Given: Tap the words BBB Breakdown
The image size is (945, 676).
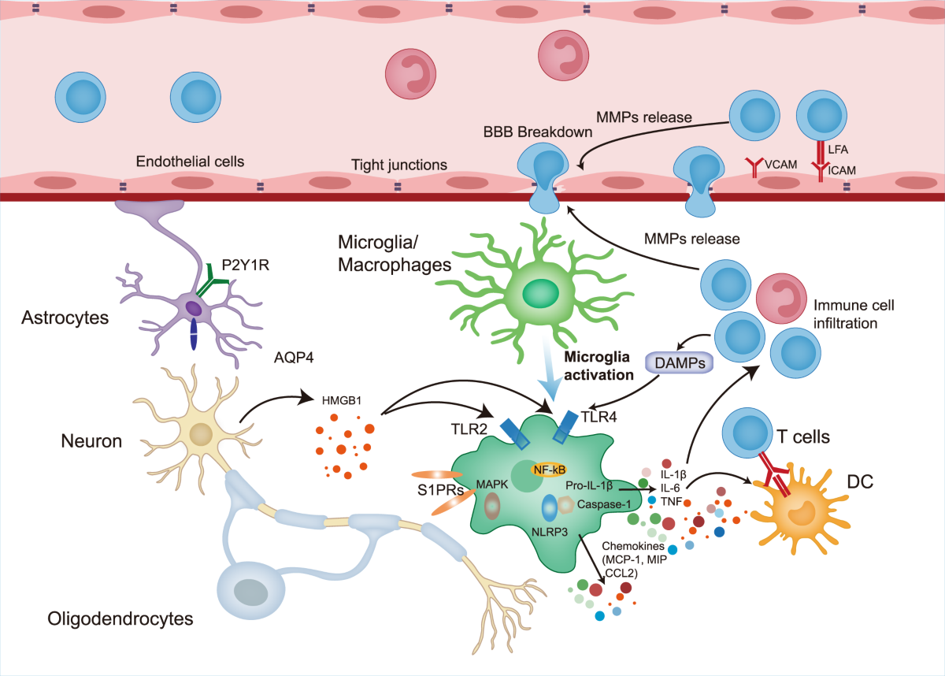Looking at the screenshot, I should pos(539,132).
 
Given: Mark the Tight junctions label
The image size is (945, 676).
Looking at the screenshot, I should pos(399,165).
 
